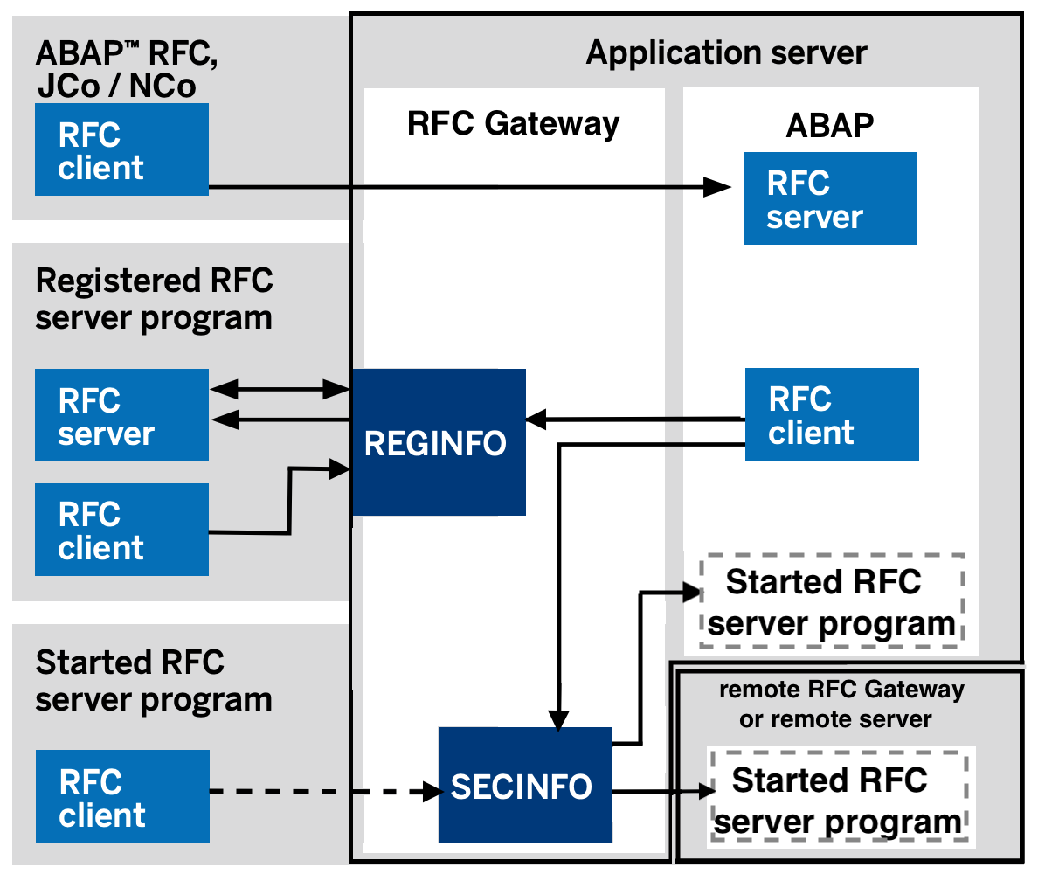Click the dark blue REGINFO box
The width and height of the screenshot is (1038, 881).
pyautogui.click(x=438, y=441)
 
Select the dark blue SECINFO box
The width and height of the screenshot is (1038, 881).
pyautogui.click(x=524, y=787)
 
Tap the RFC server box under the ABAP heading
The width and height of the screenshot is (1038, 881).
pyautogui.click(x=829, y=198)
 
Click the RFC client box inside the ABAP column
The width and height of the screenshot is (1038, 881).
pyautogui.click(x=831, y=414)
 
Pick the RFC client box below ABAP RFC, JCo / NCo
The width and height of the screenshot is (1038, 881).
pyautogui.click(x=121, y=149)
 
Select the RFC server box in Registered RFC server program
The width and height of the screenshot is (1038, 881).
pyautogui.click(x=121, y=415)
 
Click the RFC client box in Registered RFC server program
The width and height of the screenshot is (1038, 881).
pyautogui.click(x=121, y=530)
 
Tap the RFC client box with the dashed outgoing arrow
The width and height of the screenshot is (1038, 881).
pyautogui.click(x=122, y=796)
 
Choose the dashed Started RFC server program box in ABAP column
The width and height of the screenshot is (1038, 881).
pyautogui.click(x=831, y=602)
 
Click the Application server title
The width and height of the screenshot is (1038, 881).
pyautogui.click(x=726, y=52)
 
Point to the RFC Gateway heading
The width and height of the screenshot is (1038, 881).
pyautogui.click(x=513, y=123)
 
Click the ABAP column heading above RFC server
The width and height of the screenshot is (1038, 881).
pyautogui.click(x=829, y=125)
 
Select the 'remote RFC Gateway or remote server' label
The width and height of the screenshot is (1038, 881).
pyautogui.click(x=841, y=704)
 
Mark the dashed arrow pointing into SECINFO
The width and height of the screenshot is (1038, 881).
pyautogui.click(x=323, y=792)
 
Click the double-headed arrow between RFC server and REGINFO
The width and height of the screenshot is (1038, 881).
pyautogui.click(x=280, y=388)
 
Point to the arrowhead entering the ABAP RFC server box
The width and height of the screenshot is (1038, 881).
pyautogui.click(x=718, y=185)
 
